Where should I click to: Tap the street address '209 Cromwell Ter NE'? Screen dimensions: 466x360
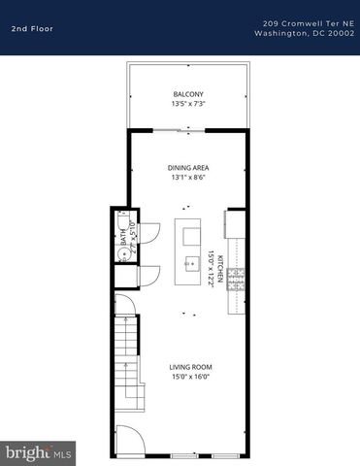pos(308,22)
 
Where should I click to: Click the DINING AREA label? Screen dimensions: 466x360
pos(188,168)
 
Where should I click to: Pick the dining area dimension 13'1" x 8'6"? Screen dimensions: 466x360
pos(188,177)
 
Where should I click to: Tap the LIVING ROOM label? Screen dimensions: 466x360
pos(191,367)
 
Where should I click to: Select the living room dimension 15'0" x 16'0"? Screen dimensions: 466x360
pos(191,376)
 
